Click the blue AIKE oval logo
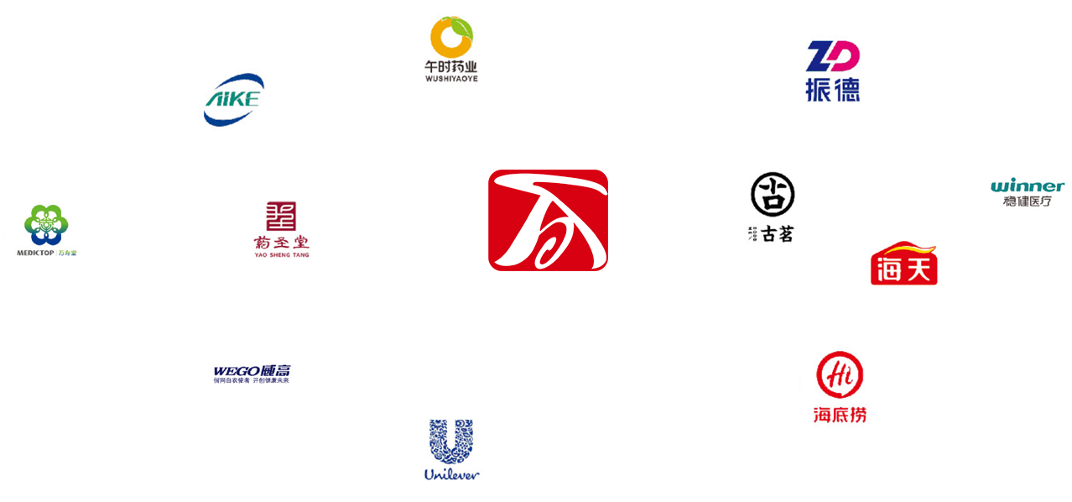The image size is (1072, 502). (x=234, y=100)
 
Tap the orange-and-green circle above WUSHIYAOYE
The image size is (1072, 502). (x=451, y=37)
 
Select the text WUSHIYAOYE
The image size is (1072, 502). (x=451, y=78)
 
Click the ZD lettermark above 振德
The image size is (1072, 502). (x=833, y=56)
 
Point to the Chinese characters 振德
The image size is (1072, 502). (x=833, y=90)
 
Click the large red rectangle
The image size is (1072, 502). (x=541, y=222)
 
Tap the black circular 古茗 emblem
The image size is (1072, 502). (x=773, y=194)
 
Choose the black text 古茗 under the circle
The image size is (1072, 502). (x=777, y=234)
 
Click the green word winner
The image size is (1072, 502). (x=1028, y=186)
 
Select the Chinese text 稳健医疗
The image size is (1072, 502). (x=1028, y=201)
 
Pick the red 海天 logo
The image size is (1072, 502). (x=903, y=264)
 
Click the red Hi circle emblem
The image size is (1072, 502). (x=840, y=374)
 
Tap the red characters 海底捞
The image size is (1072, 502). (x=840, y=414)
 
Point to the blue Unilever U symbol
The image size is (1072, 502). (x=451, y=442)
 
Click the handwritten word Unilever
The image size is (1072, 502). (x=451, y=474)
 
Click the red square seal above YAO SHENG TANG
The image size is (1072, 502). (x=281, y=216)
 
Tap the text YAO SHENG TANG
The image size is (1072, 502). (x=281, y=254)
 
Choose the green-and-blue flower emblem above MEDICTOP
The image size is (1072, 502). (x=46, y=224)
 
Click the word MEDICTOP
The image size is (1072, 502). (x=35, y=253)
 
